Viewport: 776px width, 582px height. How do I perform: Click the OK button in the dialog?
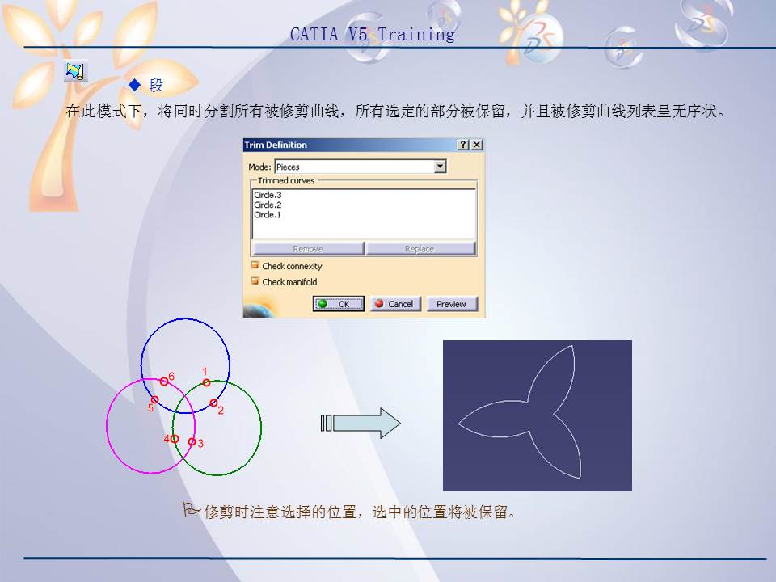[x=339, y=304]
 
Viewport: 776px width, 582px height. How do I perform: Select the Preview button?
[x=451, y=304]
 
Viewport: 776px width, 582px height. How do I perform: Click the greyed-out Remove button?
[x=307, y=249]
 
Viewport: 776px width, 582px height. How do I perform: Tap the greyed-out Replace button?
[x=420, y=249]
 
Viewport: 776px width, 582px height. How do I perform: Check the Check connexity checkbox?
[x=255, y=265]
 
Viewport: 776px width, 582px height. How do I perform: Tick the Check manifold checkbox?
[x=255, y=281]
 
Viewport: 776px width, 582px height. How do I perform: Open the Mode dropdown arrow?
[x=440, y=167]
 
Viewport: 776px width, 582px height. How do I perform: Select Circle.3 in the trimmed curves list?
[x=268, y=195]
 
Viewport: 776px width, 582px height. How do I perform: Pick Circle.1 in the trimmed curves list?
[x=268, y=215]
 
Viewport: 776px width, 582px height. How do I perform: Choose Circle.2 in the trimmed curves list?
[x=268, y=205]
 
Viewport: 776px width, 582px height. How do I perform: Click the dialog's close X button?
[x=477, y=145]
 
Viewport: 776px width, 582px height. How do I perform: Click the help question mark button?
[x=462, y=145]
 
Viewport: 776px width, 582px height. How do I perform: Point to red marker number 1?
[x=206, y=382]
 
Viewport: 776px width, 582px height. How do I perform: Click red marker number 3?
[x=192, y=441]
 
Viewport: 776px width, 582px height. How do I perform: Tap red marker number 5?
[x=154, y=399]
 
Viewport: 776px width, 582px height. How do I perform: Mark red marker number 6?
[x=163, y=382]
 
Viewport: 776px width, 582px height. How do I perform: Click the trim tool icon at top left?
[x=75, y=72]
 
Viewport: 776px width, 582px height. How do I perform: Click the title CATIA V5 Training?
[x=372, y=35]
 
